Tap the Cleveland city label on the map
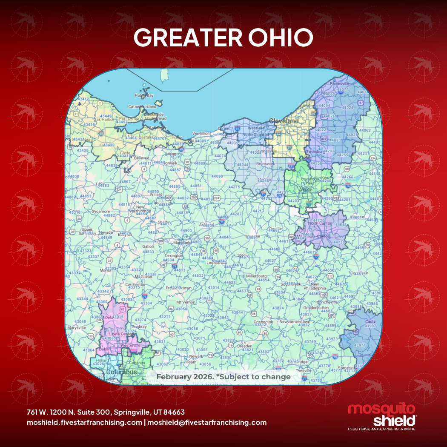[x=284, y=121]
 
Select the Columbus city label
[x=121, y=372]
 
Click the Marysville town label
[x=77, y=328]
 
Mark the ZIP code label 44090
[x=217, y=176]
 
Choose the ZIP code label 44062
[x=365, y=130]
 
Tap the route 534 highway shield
[x=373, y=158]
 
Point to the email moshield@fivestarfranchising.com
[x=207, y=423]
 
